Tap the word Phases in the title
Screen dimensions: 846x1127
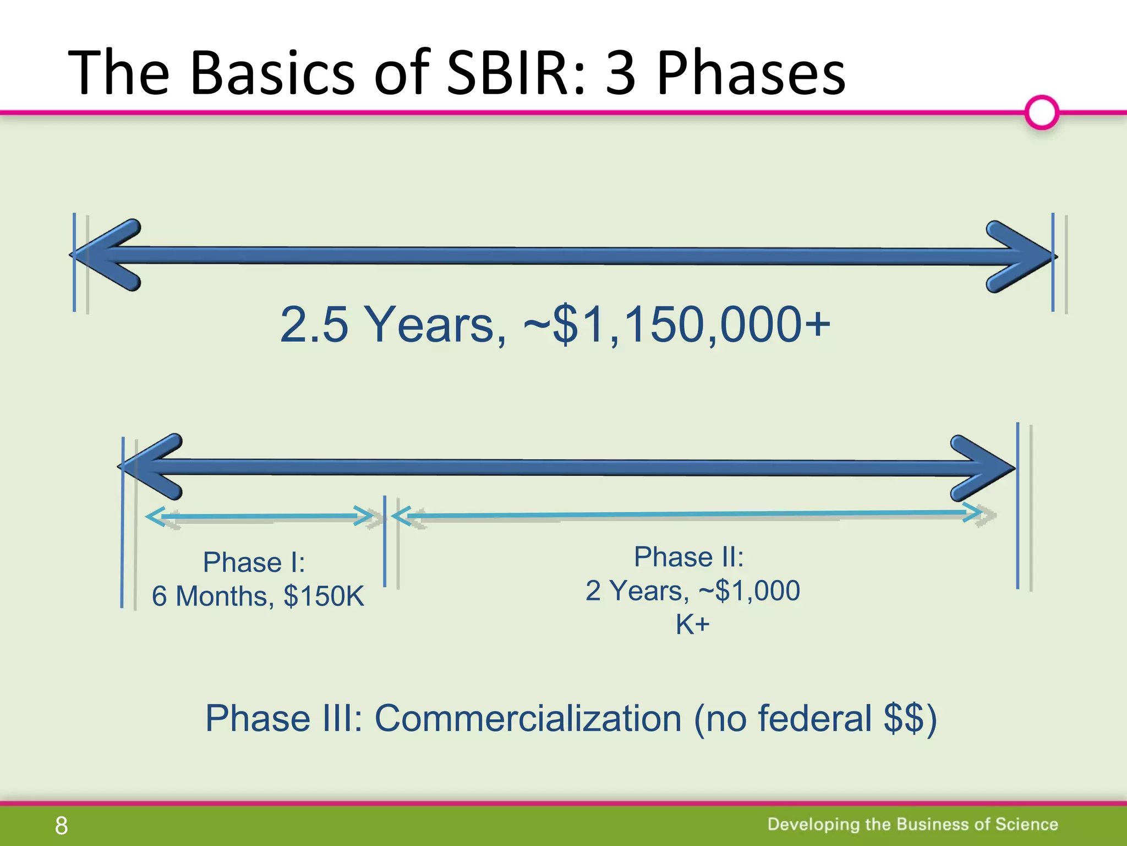751,73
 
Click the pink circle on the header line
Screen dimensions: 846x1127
1042,112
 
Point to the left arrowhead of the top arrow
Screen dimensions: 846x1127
107,255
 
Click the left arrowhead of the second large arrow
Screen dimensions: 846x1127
151,467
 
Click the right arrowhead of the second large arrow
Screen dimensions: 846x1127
982,468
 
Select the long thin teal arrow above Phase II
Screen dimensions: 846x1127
688,514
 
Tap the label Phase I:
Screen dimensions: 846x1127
254,562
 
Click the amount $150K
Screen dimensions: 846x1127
324,596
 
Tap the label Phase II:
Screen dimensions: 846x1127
688,557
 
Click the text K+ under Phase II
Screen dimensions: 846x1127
692,625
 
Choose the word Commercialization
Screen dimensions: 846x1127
528,718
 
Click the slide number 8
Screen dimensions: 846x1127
61,826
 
